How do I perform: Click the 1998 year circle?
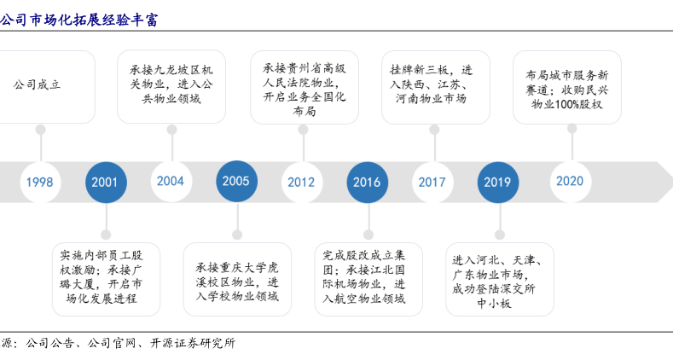click(39, 182)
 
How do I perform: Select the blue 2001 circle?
click(106, 182)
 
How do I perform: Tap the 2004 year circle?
click(171, 181)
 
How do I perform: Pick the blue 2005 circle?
click(236, 181)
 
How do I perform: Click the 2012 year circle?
click(301, 182)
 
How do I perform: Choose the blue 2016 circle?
click(367, 182)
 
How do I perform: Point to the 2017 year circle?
click(432, 182)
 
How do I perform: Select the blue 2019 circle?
click(497, 182)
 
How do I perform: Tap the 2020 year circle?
click(570, 181)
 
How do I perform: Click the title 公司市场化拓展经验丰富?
click(78, 18)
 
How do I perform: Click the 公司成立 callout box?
click(41, 85)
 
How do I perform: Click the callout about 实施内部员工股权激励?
click(106, 276)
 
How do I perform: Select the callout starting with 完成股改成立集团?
click(368, 277)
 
